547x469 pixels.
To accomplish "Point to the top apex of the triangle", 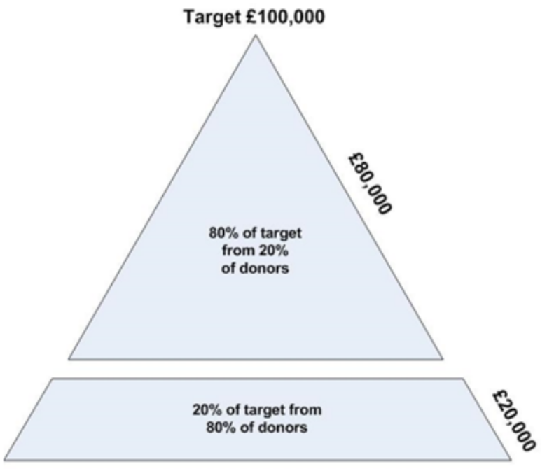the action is (x=256, y=35).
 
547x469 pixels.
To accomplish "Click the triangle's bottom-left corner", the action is (x=68, y=359).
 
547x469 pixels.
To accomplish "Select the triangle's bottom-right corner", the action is (x=443, y=359).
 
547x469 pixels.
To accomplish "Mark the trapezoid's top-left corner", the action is (x=52, y=379).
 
